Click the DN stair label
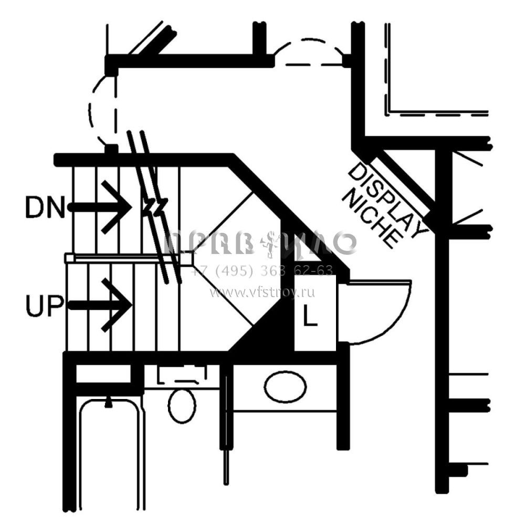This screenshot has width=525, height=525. [45, 208]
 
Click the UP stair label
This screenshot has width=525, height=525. [45, 306]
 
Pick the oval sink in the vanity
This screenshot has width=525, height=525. [285, 387]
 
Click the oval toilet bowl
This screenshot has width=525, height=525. [182, 405]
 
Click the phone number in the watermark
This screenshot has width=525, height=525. [262, 271]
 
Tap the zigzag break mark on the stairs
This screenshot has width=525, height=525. [154, 206]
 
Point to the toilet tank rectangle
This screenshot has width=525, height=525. [182, 375]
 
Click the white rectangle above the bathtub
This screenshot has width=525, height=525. [103, 373]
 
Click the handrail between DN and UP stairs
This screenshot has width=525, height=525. [129, 258]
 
